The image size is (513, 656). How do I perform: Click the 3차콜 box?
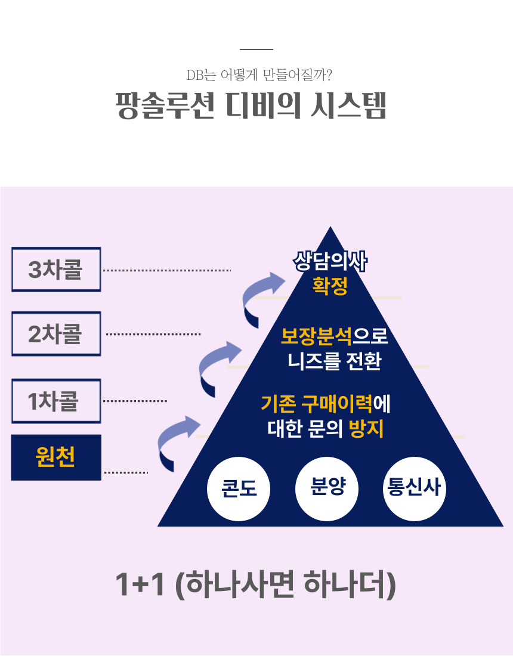click(56, 270)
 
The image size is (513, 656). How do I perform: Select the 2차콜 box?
click(56, 334)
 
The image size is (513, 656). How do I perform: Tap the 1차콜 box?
click(56, 401)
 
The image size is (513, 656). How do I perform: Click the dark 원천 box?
click(56, 457)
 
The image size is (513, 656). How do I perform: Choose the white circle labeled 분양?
click(327, 488)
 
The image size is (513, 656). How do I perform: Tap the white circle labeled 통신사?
click(414, 488)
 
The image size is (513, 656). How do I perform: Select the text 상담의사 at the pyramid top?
click(330, 262)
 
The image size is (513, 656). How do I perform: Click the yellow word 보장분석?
click(316, 337)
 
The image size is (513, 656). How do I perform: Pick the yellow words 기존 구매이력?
click(317, 404)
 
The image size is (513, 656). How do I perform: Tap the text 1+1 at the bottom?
click(140, 585)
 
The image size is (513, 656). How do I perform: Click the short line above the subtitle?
click(256, 49)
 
